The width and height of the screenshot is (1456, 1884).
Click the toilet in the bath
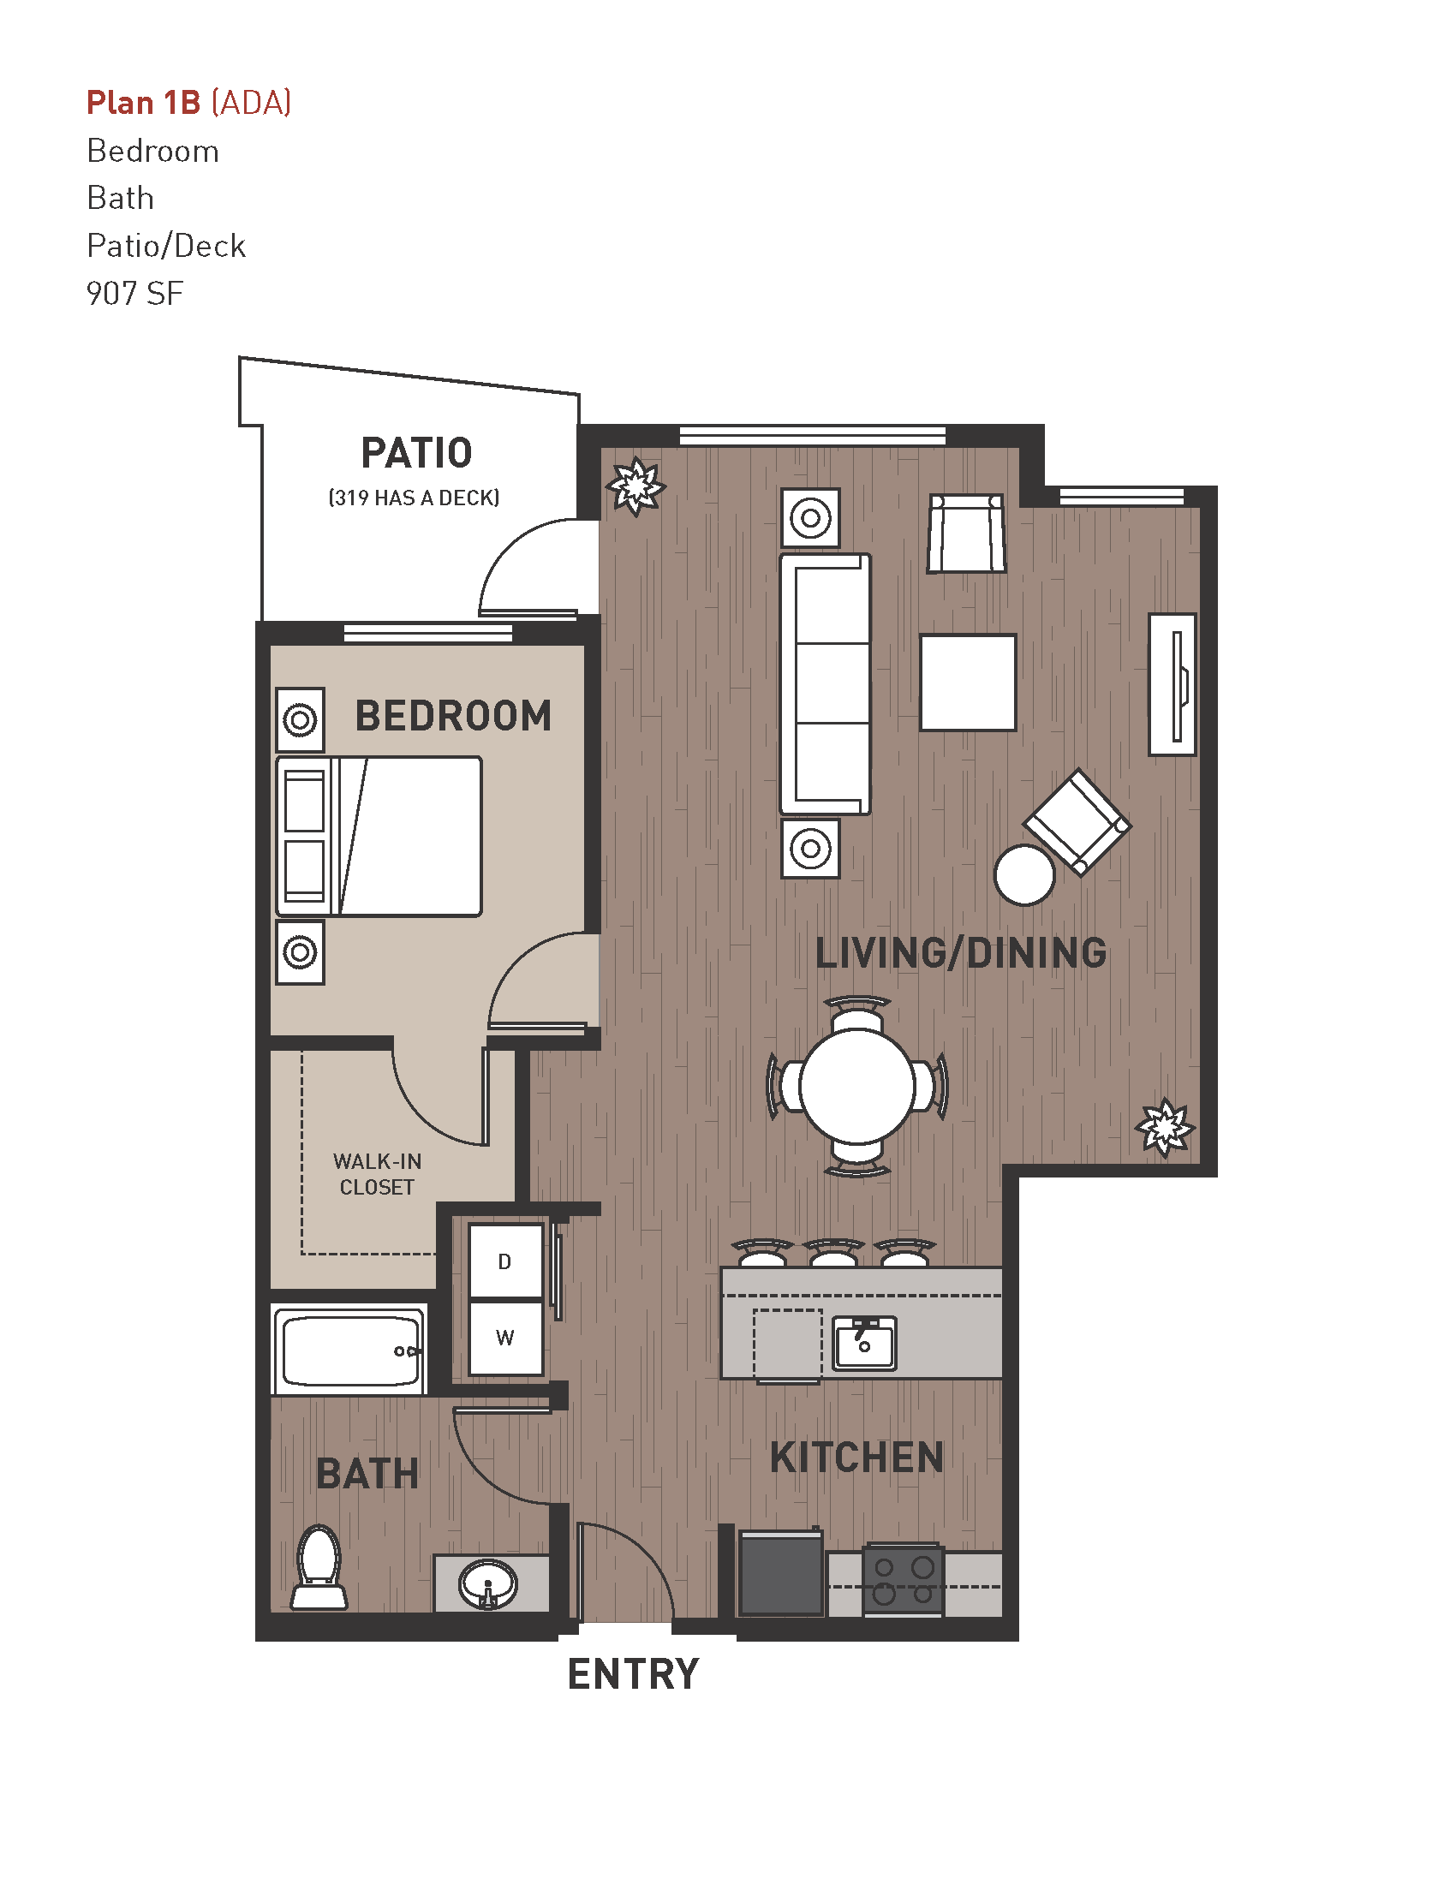319,1567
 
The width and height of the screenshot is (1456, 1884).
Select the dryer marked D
505,1261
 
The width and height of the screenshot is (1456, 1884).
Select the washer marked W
505,1338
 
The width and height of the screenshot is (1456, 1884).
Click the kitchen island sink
864,1343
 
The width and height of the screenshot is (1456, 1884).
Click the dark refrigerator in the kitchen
780,1573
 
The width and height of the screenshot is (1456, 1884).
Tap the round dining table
857,1087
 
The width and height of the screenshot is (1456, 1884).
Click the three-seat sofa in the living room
826,683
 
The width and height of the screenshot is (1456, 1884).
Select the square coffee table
968,683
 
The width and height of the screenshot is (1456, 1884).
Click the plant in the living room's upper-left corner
636,486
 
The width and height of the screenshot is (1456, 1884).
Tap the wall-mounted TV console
1173,684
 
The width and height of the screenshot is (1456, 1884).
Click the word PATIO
416,454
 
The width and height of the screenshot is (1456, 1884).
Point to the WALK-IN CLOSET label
377,1174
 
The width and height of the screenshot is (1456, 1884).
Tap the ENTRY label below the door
633,1674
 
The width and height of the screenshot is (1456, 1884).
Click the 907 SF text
134,294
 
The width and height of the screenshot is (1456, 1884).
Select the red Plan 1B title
144,103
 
